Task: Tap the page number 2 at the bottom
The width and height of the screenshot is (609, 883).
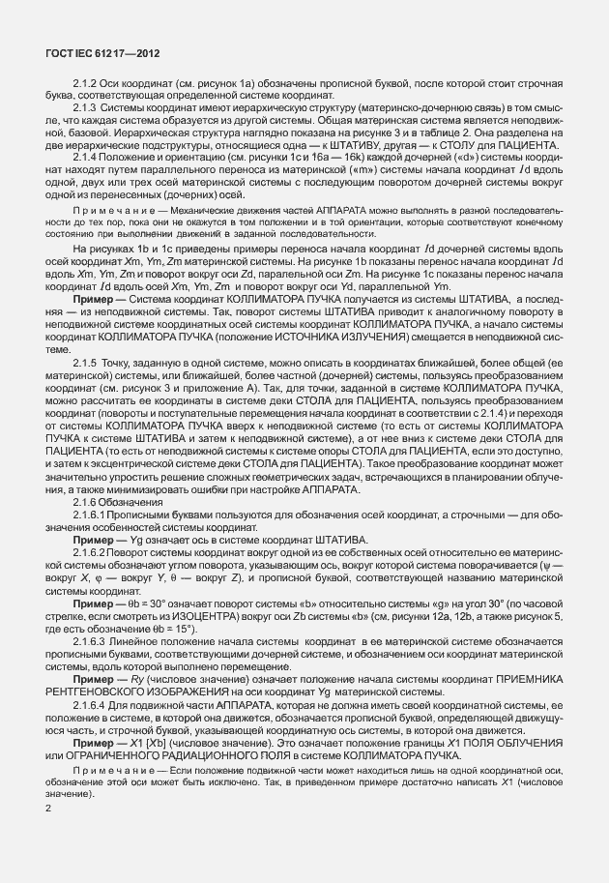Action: [x=48, y=805]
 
